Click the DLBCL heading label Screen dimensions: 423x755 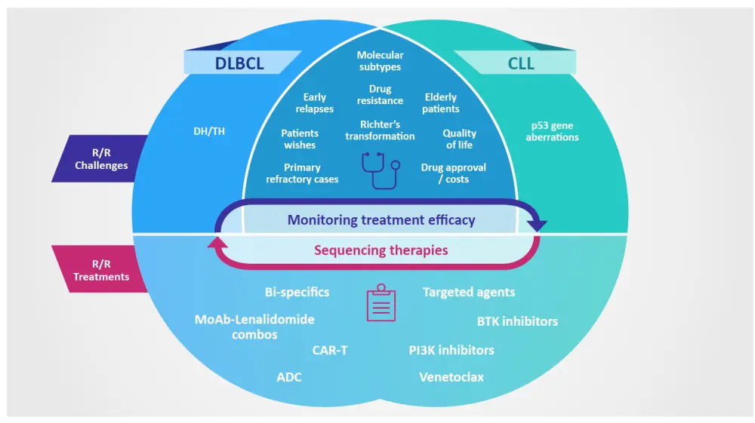click(239, 63)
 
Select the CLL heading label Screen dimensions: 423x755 click(520, 63)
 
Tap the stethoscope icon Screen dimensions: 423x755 click(379, 170)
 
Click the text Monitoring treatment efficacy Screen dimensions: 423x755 click(381, 220)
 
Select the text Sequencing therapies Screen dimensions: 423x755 click(381, 250)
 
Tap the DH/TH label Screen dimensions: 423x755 click(209, 131)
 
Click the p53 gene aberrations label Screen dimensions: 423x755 click(552, 131)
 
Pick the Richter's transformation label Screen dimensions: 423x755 click(380, 130)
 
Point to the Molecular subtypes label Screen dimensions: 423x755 click(380, 61)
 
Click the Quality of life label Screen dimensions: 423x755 click(459, 139)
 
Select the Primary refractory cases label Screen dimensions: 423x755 click(302, 173)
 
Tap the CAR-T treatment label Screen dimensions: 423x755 click(330, 350)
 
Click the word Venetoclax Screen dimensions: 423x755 click(451, 376)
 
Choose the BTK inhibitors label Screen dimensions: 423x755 click(517, 321)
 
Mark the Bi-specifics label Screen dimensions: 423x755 click(297, 292)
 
